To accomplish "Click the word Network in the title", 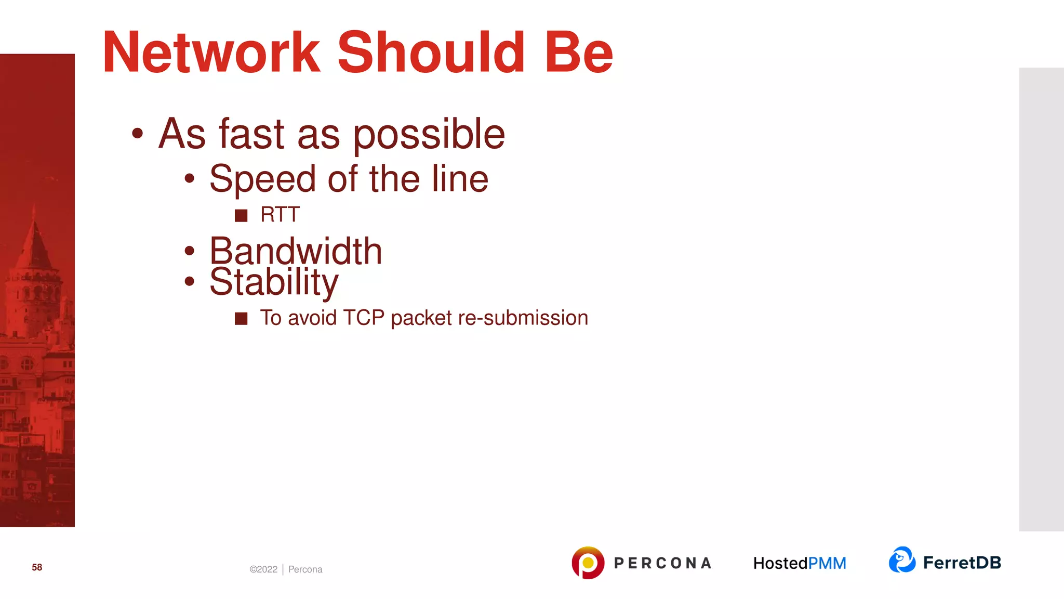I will [211, 53].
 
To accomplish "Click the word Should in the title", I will [431, 53].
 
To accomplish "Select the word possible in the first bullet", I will [429, 135].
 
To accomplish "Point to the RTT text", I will [280, 215].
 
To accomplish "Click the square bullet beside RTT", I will [241, 215].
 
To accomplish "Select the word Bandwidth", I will [296, 251].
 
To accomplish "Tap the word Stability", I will [274, 282].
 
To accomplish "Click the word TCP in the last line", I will [363, 318].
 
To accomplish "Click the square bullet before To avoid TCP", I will [241, 318].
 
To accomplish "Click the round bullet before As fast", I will [137, 134].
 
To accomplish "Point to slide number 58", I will [37, 567].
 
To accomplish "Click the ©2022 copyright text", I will [263, 569].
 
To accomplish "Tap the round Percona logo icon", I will [588, 563].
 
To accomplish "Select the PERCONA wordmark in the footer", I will [662, 563].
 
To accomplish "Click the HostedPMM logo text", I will [800, 563].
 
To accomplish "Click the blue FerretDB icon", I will [902, 560].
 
